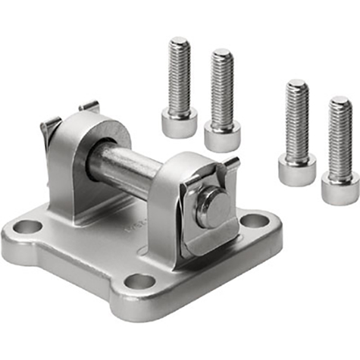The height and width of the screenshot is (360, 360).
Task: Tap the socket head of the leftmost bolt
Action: pyautogui.click(x=179, y=122)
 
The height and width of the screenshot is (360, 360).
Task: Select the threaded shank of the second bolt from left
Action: pyautogui.click(x=222, y=84)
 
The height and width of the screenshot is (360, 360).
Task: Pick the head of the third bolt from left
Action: pyautogui.click(x=296, y=169)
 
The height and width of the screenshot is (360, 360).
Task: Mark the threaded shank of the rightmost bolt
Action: pyautogui.click(x=340, y=133)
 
